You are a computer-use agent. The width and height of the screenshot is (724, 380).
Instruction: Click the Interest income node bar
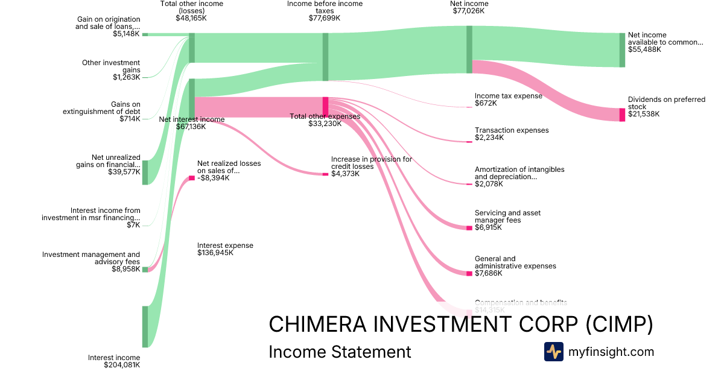click(x=145, y=326)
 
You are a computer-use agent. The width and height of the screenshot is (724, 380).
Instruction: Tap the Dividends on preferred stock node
click(x=622, y=115)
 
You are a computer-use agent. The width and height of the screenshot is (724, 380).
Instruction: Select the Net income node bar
click(x=469, y=49)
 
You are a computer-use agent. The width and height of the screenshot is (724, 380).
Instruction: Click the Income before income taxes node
click(x=326, y=57)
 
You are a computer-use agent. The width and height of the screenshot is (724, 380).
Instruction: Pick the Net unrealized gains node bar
click(x=145, y=173)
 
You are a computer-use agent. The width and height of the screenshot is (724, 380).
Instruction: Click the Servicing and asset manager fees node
click(x=469, y=228)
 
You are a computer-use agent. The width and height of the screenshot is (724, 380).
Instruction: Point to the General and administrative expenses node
click(x=469, y=273)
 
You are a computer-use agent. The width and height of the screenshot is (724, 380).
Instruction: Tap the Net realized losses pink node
click(x=192, y=178)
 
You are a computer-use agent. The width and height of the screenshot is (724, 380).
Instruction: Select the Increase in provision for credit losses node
click(x=325, y=174)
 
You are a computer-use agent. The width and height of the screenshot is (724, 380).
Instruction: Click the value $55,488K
click(x=644, y=49)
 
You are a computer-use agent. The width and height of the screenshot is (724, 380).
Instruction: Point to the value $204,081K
click(x=122, y=365)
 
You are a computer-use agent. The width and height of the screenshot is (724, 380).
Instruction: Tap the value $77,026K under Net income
click(x=469, y=11)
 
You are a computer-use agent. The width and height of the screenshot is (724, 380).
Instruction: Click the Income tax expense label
click(x=508, y=96)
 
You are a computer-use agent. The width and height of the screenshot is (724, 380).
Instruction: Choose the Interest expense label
click(x=225, y=245)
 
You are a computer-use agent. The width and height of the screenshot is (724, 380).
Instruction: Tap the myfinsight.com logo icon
click(x=553, y=352)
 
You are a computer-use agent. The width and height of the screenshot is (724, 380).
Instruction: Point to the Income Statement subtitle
click(x=340, y=352)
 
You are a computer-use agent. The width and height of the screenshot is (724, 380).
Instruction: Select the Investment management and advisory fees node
click(x=145, y=270)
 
